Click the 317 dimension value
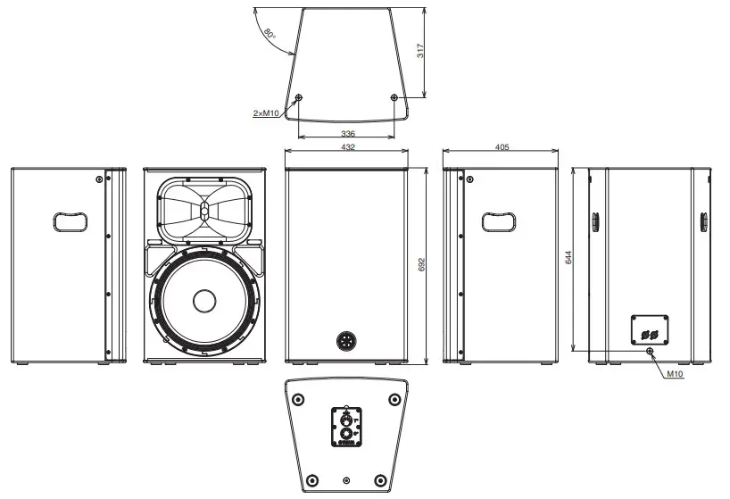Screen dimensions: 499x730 click(421, 53)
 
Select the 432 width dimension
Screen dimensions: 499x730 click(346, 147)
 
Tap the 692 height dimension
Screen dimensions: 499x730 click(422, 265)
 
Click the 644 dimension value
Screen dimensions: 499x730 click(568, 259)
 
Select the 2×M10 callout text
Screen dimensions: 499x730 click(267, 113)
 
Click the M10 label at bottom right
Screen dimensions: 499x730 click(674, 374)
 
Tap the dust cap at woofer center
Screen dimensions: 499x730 click(203, 301)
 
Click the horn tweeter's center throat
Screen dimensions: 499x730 click(203, 212)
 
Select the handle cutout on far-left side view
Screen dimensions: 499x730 click(69, 220)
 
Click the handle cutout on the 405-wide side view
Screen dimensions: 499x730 click(499, 220)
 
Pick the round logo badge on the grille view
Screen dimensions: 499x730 click(346, 341)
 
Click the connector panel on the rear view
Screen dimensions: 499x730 click(650, 328)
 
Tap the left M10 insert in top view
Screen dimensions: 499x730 click(299, 98)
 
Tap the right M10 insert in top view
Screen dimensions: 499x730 click(394, 98)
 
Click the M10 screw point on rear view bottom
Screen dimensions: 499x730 click(650, 351)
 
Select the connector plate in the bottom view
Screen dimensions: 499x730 click(346, 426)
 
